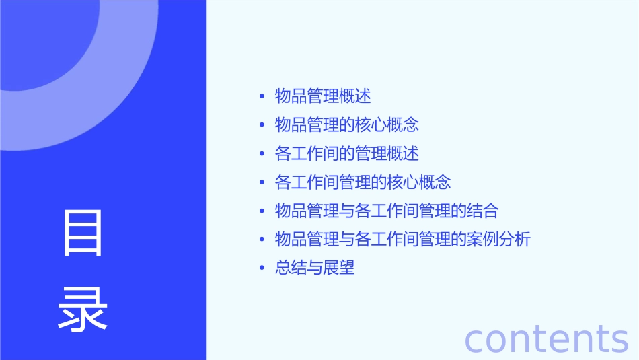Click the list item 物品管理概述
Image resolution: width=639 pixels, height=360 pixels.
tap(323, 96)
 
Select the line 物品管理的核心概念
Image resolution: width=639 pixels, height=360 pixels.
tap(347, 125)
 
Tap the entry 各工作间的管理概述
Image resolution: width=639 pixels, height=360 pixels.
tap(347, 153)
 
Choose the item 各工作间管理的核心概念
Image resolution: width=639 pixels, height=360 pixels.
tap(363, 182)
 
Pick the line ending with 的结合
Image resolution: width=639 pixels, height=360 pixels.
tap(387, 211)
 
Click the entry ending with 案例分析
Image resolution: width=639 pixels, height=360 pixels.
tap(403, 240)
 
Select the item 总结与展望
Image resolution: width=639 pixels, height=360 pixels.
tap(315, 268)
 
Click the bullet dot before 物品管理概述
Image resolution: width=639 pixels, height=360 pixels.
tap(262, 96)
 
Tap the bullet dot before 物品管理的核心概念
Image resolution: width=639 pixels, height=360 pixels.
tap(262, 125)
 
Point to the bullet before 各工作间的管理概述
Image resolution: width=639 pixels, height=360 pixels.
tap(262, 153)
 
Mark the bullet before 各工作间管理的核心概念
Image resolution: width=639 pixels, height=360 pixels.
tap(262, 182)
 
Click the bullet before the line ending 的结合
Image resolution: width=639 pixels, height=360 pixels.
tap(262, 211)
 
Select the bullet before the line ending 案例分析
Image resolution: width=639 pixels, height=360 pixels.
tap(262, 240)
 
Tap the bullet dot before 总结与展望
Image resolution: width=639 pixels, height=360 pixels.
tap(262, 268)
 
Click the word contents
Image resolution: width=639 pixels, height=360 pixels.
tap(546, 338)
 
